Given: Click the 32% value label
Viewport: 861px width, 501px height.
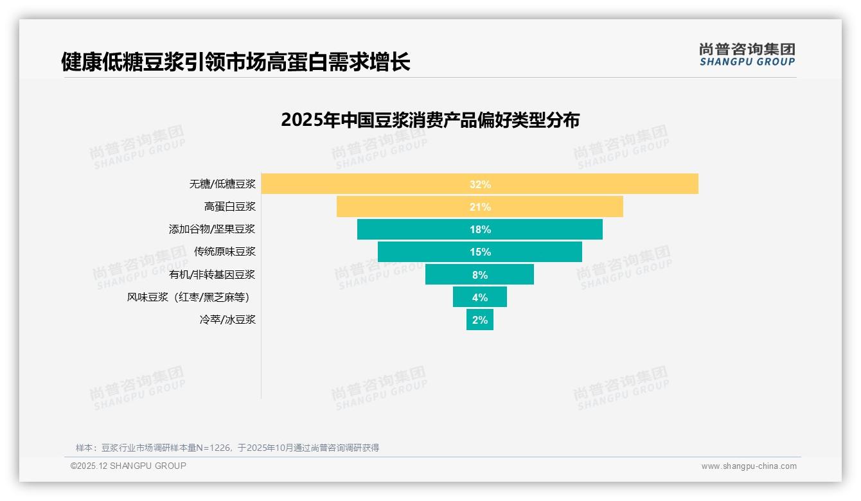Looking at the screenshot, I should [480, 184].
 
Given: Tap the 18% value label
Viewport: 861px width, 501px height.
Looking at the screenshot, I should [480, 229].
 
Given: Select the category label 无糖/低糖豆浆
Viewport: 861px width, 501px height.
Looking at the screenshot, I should [222, 184].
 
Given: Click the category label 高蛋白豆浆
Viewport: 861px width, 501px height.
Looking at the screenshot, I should [230, 207].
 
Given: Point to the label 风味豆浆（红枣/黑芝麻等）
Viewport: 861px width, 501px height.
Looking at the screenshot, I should [188, 297].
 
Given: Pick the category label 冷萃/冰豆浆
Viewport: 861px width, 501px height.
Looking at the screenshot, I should [227, 319].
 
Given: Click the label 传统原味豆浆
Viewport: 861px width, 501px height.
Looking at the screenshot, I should [225, 252].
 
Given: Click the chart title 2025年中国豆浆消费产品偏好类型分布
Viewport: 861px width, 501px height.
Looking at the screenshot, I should [430, 120].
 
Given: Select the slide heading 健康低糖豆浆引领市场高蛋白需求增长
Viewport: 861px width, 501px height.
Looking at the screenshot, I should [235, 62].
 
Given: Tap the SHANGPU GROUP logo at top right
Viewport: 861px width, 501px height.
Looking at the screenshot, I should [747, 55].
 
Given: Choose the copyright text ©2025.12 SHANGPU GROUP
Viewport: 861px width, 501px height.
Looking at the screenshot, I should [129, 466].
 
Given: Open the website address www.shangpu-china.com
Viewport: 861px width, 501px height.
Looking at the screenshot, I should [749, 466].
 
